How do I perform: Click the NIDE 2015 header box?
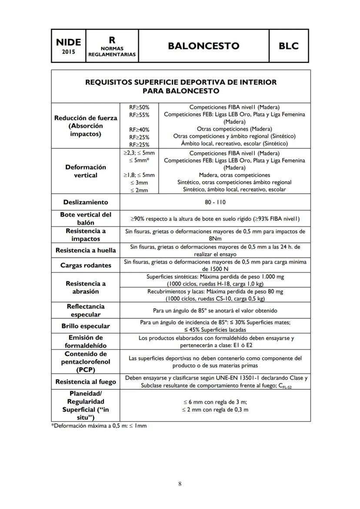pos(68,46)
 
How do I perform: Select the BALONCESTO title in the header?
pos(204,46)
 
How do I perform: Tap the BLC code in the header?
pos(289,46)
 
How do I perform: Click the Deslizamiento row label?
pos(85,202)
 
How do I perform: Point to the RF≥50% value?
pos(139,107)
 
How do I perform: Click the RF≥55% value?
pos(139,115)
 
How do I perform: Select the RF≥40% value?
pos(139,130)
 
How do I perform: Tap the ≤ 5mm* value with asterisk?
pos(140,160)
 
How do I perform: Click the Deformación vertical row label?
pos(85,171)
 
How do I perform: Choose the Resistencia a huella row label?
pos(85,250)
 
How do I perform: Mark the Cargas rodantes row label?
pos(85,265)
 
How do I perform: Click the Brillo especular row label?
pos(85,326)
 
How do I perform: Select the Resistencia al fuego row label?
pos(85,382)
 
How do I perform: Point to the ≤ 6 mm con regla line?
pos(215,402)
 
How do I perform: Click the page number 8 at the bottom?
pos(180,484)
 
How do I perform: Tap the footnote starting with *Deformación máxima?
pos(99,426)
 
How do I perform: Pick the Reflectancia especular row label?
pos(85,310)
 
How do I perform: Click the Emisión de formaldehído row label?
pos(85,341)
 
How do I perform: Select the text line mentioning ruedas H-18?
pos(215,283)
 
